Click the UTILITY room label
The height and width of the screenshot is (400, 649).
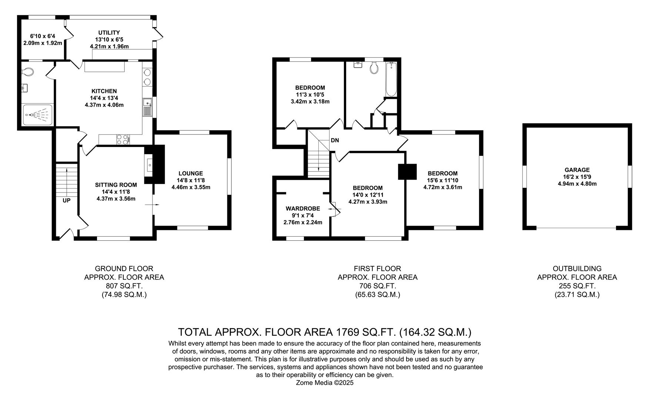[109, 33]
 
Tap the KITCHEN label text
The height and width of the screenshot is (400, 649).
[104, 91]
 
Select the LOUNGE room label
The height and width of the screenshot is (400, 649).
[191, 173]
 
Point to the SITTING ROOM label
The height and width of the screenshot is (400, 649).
[116, 185]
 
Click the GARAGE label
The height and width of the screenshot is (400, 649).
[577, 170]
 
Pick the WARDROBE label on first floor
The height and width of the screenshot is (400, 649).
[303, 209]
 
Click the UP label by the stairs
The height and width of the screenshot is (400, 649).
[66, 200]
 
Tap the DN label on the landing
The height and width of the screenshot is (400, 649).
[335, 140]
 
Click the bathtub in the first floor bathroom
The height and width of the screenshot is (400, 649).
[391, 79]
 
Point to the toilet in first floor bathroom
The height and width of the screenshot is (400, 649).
[374, 68]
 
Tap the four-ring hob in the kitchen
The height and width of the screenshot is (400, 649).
[123, 139]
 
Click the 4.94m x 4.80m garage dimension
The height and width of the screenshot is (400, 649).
[577, 184]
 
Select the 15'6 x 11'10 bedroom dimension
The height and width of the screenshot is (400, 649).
[442, 180]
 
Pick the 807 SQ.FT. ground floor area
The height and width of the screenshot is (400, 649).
[124, 286]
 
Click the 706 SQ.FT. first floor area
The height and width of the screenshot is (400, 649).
[377, 286]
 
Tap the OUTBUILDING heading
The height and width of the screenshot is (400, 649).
[577, 269]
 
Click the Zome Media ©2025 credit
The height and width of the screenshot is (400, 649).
[325, 383]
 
